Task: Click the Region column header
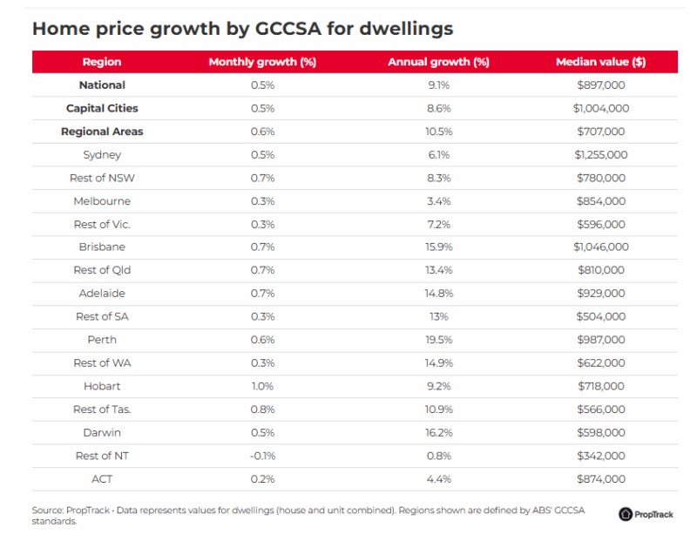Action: coord(102,62)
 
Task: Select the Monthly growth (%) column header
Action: coord(261,62)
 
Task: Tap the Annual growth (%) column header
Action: coord(438,62)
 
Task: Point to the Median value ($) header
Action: coord(600,62)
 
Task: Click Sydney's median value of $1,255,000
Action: coord(600,155)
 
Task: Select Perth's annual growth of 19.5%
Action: coord(438,340)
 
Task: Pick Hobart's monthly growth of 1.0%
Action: coord(262,386)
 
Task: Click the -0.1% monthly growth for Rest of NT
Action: coord(261,456)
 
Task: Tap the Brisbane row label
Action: coord(102,247)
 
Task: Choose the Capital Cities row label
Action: coord(102,109)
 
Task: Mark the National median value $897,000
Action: coord(600,85)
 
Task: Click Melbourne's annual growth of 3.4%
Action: coord(438,201)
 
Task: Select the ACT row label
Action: coord(102,478)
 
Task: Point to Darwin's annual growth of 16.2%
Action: coord(438,432)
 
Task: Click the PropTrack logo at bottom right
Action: coord(646,514)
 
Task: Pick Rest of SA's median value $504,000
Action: coord(600,316)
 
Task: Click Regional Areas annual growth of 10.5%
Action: coord(438,132)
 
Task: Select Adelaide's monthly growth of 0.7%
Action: coord(262,294)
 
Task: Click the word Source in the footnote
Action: coord(47,510)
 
